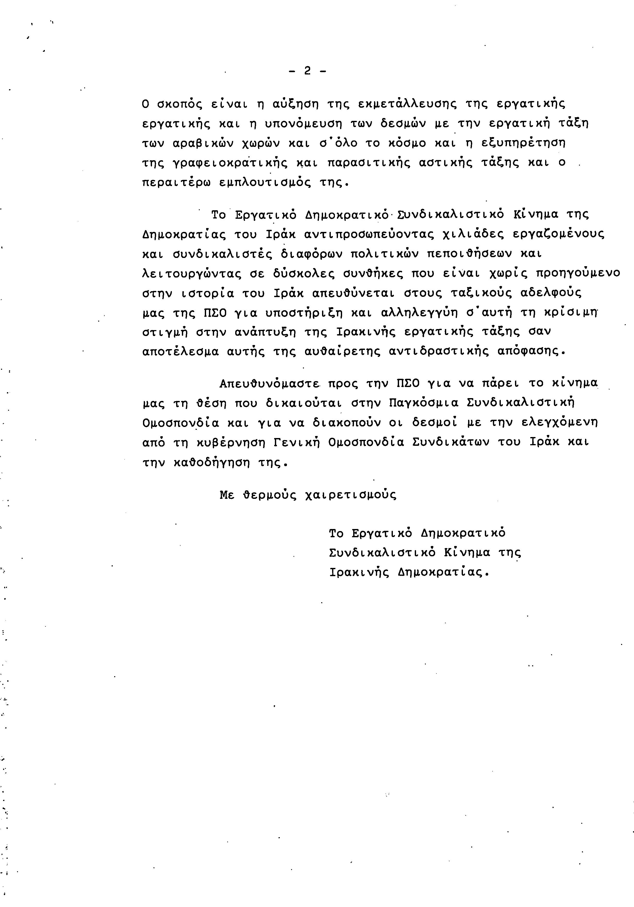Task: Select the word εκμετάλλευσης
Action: point(407,104)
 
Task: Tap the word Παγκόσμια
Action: point(424,403)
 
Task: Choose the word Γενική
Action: point(296,442)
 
